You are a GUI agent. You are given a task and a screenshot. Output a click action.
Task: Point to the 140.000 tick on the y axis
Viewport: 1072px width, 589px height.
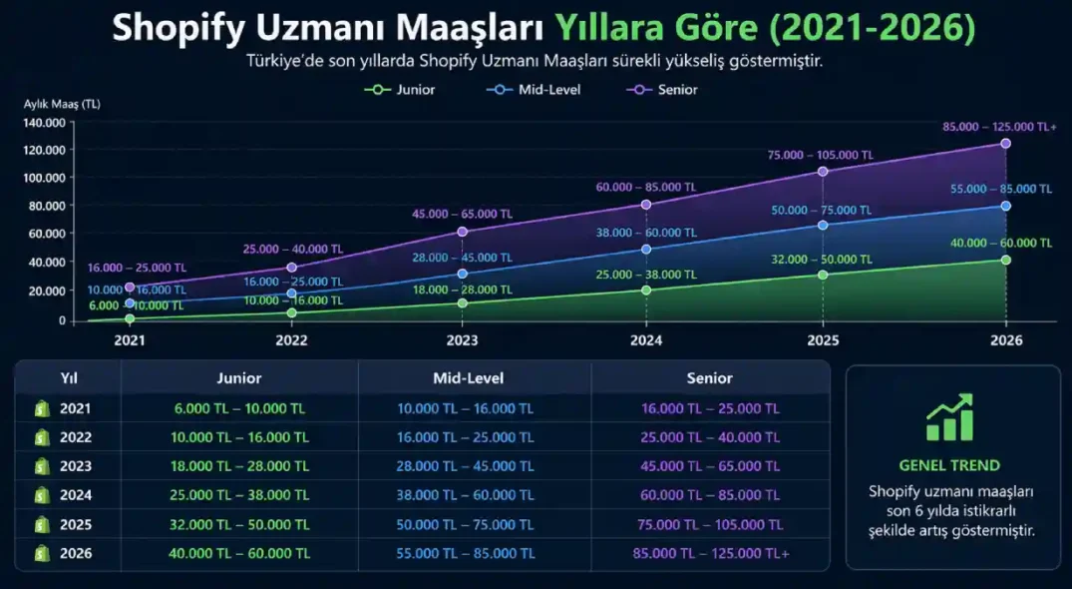pyautogui.click(x=44, y=123)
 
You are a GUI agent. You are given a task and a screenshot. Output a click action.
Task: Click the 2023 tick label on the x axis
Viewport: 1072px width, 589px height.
pyautogui.click(x=462, y=339)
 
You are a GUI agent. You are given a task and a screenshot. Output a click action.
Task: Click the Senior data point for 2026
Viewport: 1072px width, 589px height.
pyautogui.click(x=1005, y=144)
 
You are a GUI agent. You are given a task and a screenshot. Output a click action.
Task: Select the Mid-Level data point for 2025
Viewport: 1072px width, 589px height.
pyautogui.click(x=823, y=226)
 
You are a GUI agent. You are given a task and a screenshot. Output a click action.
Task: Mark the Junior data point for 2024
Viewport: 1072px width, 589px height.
pyautogui.click(x=646, y=291)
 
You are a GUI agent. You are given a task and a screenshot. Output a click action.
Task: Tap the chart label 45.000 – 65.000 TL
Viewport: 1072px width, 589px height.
pyautogui.click(x=462, y=214)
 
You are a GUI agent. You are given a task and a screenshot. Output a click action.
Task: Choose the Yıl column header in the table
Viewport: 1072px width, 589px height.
pyautogui.click(x=69, y=378)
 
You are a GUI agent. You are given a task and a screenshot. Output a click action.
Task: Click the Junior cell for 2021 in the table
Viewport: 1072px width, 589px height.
pyautogui.click(x=238, y=408)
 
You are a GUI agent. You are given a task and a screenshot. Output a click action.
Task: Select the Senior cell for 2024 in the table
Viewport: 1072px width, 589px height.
pyautogui.click(x=709, y=495)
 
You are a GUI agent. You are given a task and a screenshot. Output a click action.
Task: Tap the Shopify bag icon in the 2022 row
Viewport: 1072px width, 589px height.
pyautogui.click(x=42, y=437)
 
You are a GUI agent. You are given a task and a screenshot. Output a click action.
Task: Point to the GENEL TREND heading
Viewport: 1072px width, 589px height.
pyautogui.click(x=949, y=465)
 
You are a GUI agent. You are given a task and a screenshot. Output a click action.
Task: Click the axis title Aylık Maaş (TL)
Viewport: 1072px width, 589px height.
pyautogui.click(x=62, y=104)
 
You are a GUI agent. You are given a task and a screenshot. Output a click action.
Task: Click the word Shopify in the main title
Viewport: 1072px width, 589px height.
pyautogui.click(x=190, y=28)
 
